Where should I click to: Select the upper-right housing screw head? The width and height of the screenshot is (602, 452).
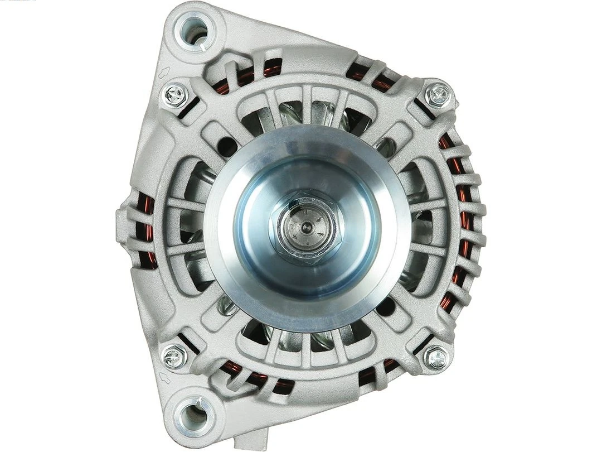[x=438, y=95]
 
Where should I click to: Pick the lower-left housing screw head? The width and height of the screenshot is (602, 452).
[x=174, y=355]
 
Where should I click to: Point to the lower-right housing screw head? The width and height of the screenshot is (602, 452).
[x=436, y=357]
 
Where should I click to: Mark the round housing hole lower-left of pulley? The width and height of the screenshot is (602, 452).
[x=229, y=304]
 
